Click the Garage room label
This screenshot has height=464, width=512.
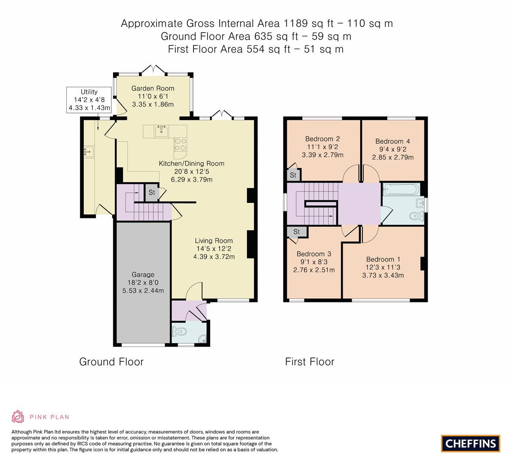click(x=143, y=275)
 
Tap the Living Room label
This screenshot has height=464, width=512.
click(x=214, y=241)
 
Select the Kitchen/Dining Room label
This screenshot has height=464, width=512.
click(x=191, y=164)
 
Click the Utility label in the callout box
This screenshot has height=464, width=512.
click(x=89, y=92)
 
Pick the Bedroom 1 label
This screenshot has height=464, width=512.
click(x=383, y=259)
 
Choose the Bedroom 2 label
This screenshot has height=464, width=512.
click(x=322, y=139)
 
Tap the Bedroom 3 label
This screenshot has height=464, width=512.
click(x=313, y=253)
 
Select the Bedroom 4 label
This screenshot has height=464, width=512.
click(x=392, y=141)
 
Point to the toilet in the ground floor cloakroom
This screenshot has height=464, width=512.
click(x=178, y=331)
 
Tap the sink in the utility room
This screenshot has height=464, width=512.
click(x=89, y=151)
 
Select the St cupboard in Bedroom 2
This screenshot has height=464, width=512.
click(x=293, y=175)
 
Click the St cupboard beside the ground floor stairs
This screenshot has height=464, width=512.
click(x=152, y=192)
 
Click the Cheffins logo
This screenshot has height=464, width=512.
click(x=470, y=443)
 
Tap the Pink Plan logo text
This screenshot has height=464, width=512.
click(x=49, y=417)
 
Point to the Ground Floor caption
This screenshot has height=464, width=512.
click(x=111, y=362)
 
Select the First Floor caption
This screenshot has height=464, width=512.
click(x=310, y=362)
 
